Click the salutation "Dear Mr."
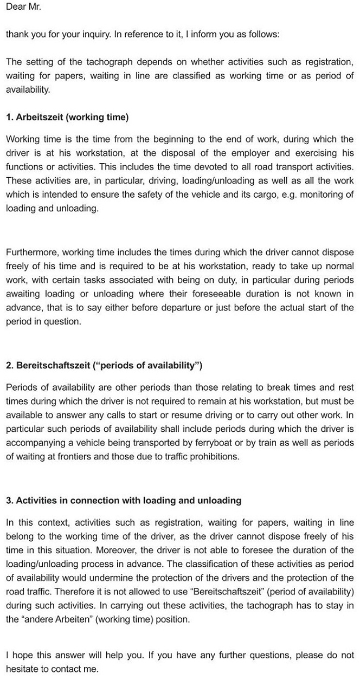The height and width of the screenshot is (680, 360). (x=23, y=7)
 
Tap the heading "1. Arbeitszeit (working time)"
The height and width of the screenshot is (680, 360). (x=67, y=116)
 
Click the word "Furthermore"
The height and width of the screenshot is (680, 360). (x=31, y=252)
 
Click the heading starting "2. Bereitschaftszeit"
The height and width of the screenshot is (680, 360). (x=104, y=365)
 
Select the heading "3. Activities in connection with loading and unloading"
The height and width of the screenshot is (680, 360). (x=124, y=500)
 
